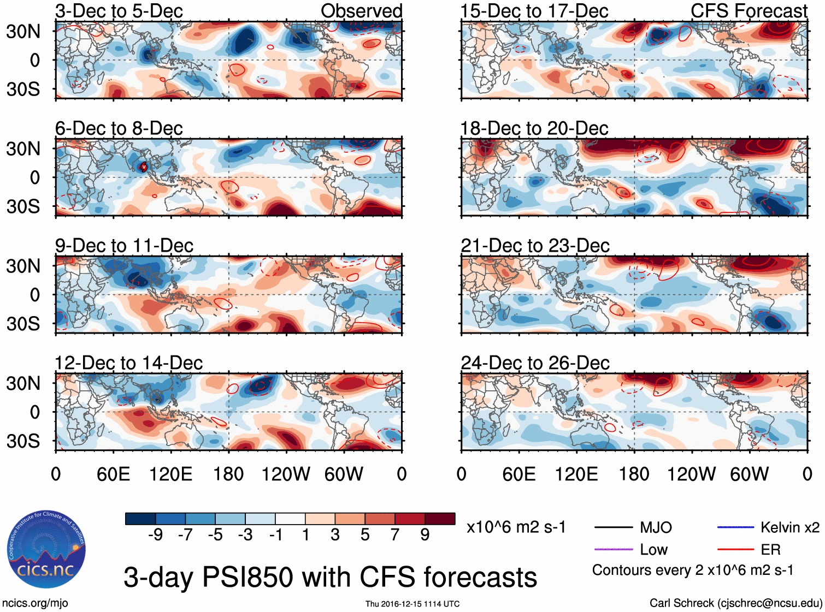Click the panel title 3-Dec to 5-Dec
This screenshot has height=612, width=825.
(x=119, y=11)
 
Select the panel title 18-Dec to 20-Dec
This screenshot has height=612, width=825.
(x=534, y=128)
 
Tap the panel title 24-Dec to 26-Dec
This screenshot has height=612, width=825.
(x=535, y=363)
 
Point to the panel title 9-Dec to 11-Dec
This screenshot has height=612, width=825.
(x=124, y=246)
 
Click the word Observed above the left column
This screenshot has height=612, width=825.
(x=361, y=11)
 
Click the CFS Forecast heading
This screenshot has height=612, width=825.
(x=749, y=11)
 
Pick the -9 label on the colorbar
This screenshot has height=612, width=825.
(x=155, y=534)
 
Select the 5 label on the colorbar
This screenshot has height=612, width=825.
(x=365, y=534)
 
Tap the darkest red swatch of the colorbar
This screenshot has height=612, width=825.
(x=440, y=519)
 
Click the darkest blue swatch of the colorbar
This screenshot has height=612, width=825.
(x=140, y=519)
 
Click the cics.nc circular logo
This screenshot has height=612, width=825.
(x=46, y=549)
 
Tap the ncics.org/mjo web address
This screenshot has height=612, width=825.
(x=35, y=603)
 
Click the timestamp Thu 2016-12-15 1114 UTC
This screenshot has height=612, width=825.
(x=412, y=604)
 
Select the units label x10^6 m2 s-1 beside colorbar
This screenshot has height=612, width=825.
(x=516, y=527)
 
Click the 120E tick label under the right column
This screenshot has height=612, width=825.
(x=576, y=474)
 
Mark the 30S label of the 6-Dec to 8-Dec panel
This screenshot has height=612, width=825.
(x=23, y=206)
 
